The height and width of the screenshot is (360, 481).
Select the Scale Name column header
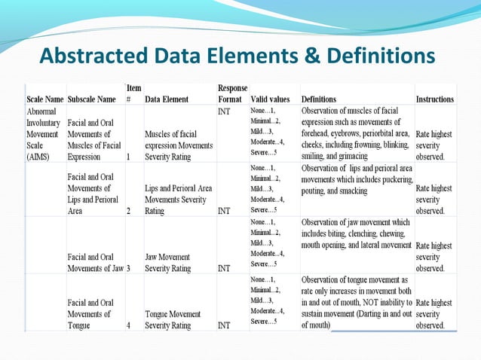tap(45, 99)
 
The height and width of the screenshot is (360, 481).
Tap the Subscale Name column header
tap(91, 99)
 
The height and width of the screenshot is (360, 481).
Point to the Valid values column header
tap(270, 99)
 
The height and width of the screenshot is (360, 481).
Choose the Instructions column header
tap(435, 99)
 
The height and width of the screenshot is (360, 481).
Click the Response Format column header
tap(231, 93)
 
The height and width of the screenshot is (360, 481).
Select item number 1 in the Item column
tap(128, 157)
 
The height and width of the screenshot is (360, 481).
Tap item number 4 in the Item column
tap(128, 325)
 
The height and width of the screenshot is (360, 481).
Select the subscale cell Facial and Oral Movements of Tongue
tap(89, 313)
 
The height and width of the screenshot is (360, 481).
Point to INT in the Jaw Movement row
tap(224, 268)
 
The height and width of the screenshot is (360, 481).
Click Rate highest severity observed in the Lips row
tap(434, 200)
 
